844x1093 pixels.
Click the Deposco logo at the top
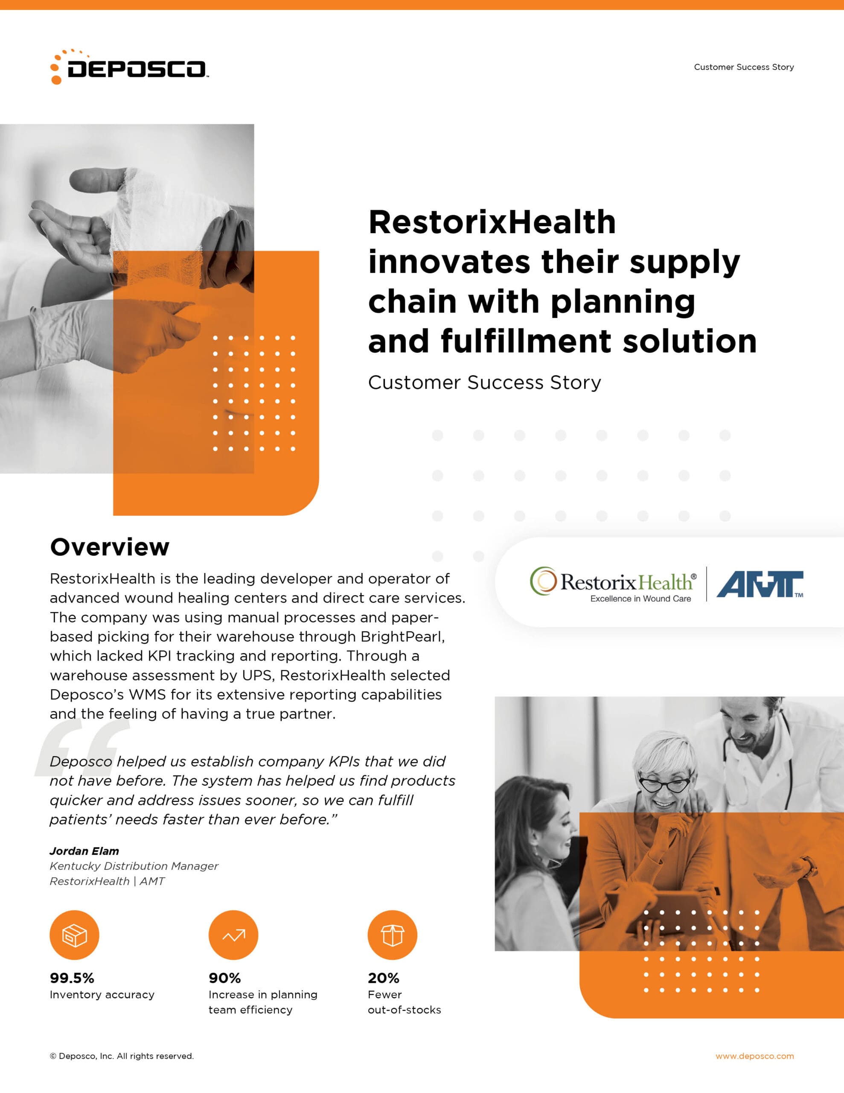click(129, 67)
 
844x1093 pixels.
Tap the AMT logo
click(760, 584)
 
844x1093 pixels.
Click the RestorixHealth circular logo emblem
click(543, 581)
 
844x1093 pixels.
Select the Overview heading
click(110, 547)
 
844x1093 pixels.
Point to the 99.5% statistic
click(72, 978)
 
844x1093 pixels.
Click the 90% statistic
click(224, 978)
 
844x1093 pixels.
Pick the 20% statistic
click(383, 978)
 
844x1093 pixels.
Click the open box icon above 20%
click(392, 935)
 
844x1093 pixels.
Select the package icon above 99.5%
click(75, 935)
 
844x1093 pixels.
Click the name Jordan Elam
click(84, 851)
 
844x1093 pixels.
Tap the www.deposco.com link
click(754, 1056)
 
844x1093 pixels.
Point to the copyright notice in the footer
click(122, 1056)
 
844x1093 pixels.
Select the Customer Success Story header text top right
click(744, 67)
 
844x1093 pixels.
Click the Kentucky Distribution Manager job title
click(134, 866)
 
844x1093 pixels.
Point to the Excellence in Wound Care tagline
click(640, 599)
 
